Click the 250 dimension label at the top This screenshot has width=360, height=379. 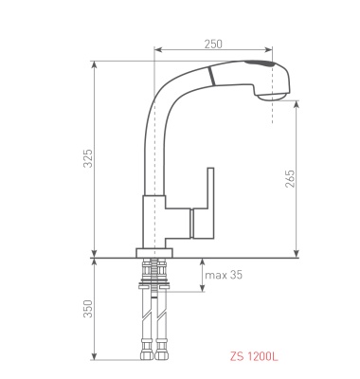click(x=213, y=44)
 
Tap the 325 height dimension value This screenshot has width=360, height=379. click(x=88, y=158)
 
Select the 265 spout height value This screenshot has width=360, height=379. click(x=290, y=179)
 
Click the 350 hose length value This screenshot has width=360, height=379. click(x=88, y=309)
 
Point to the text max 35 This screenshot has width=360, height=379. click(x=224, y=275)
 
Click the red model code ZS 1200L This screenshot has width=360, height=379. click(x=254, y=356)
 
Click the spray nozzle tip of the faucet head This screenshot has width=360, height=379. click(x=272, y=96)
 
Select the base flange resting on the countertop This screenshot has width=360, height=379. click(x=154, y=253)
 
